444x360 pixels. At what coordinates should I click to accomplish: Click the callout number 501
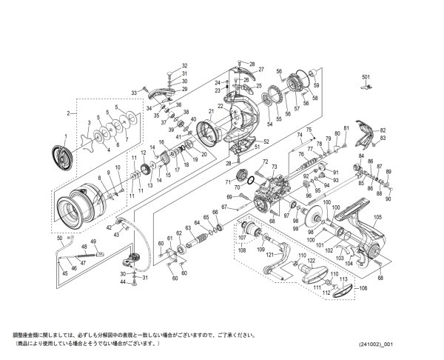(x=365, y=77)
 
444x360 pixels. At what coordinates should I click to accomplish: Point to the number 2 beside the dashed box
(x=67, y=113)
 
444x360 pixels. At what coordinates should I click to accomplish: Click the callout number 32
(x=164, y=65)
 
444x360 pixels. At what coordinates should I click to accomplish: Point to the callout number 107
(x=241, y=238)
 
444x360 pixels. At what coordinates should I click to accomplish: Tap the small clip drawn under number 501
(x=365, y=87)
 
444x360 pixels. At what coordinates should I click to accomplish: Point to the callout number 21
(x=210, y=110)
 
